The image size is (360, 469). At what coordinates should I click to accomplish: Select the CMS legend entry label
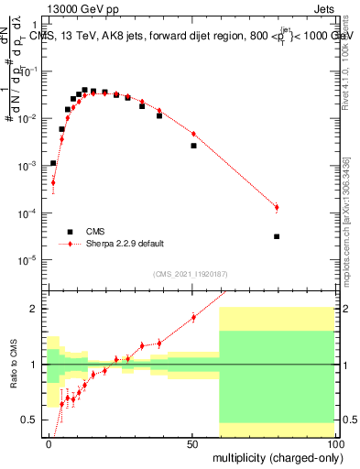[95, 232]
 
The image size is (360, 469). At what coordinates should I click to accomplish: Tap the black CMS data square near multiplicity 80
[277, 236]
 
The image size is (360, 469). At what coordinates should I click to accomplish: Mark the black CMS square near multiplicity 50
[193, 146]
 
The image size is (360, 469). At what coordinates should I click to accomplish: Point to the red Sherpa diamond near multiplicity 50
[193, 135]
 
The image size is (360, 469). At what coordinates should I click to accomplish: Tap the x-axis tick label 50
[192, 442]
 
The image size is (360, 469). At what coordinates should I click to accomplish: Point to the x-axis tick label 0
[49, 442]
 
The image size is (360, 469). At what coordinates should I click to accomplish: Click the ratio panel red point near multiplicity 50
[193, 318]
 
